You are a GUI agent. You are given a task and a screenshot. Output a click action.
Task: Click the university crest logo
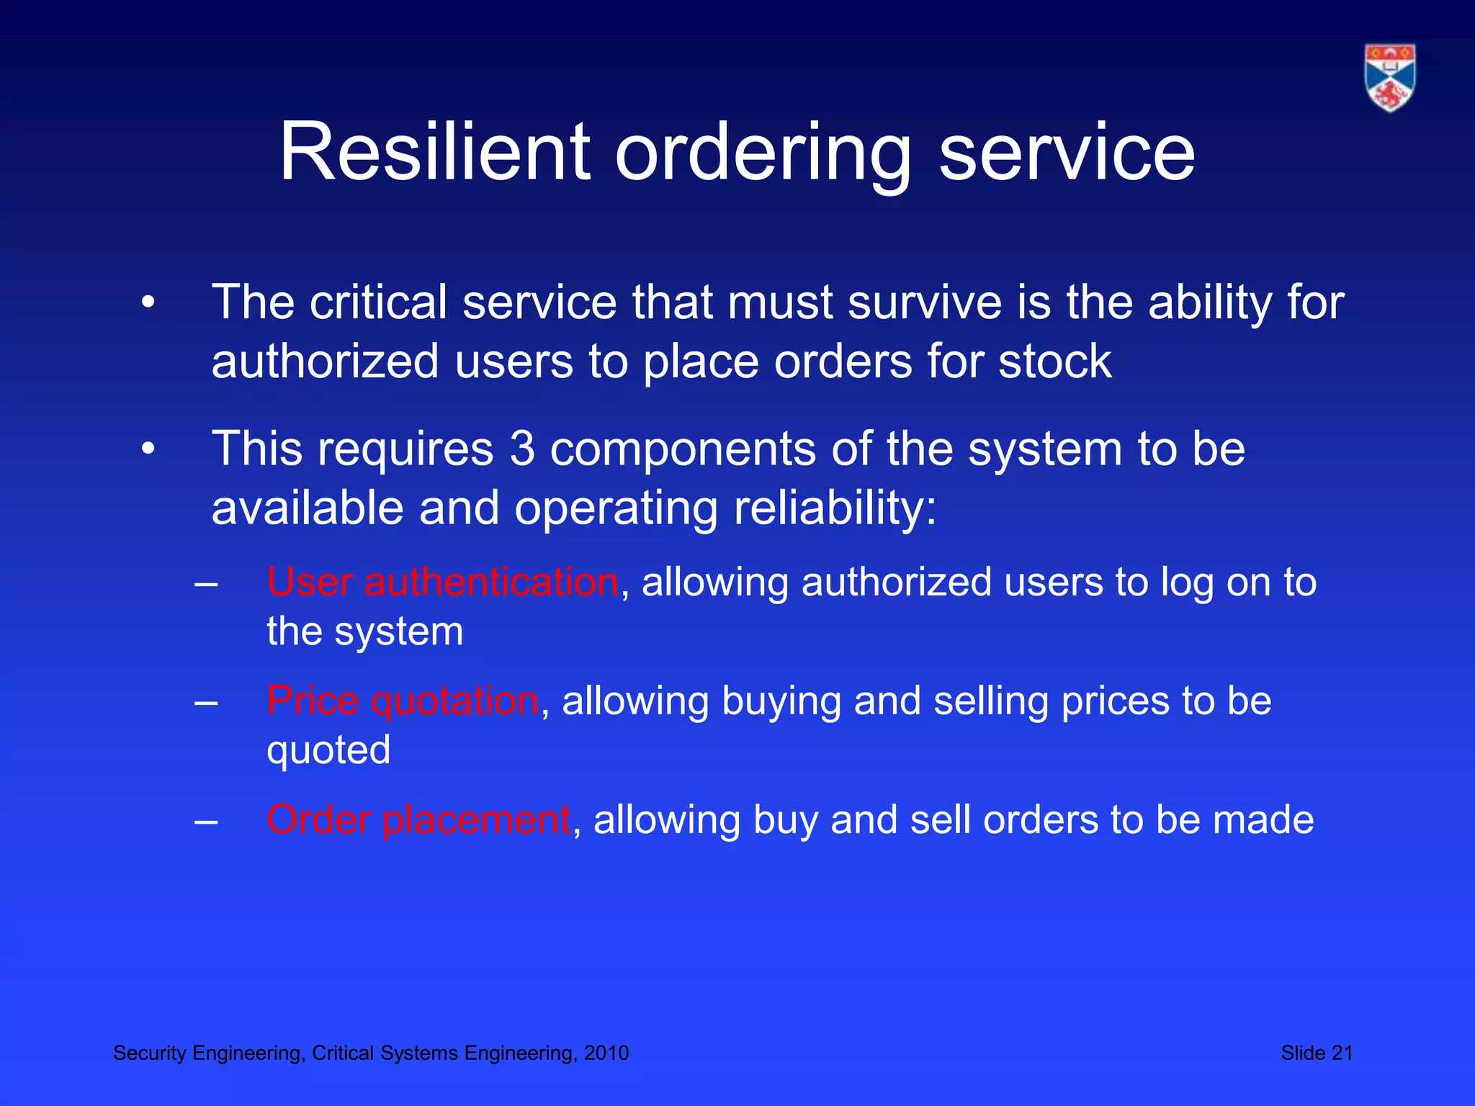coord(1389,78)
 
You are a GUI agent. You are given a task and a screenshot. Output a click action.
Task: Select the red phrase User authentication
coord(442,582)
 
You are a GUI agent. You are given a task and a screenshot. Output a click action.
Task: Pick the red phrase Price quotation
coord(402,701)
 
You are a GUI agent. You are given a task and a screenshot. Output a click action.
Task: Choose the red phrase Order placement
coord(418,819)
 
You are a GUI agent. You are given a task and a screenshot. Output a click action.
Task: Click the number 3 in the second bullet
coord(522,449)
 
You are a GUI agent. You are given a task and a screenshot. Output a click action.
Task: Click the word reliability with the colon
coord(835,508)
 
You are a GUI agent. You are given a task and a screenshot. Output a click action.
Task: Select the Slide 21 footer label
coord(1317,1053)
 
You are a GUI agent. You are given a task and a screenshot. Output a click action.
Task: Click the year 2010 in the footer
coord(606,1053)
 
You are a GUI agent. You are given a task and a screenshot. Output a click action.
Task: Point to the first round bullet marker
coord(148,302)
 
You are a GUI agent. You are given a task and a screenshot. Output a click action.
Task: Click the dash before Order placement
coord(206,821)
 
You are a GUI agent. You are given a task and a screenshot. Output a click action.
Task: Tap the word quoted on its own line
coord(328,750)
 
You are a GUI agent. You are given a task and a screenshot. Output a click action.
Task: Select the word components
coord(683,449)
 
